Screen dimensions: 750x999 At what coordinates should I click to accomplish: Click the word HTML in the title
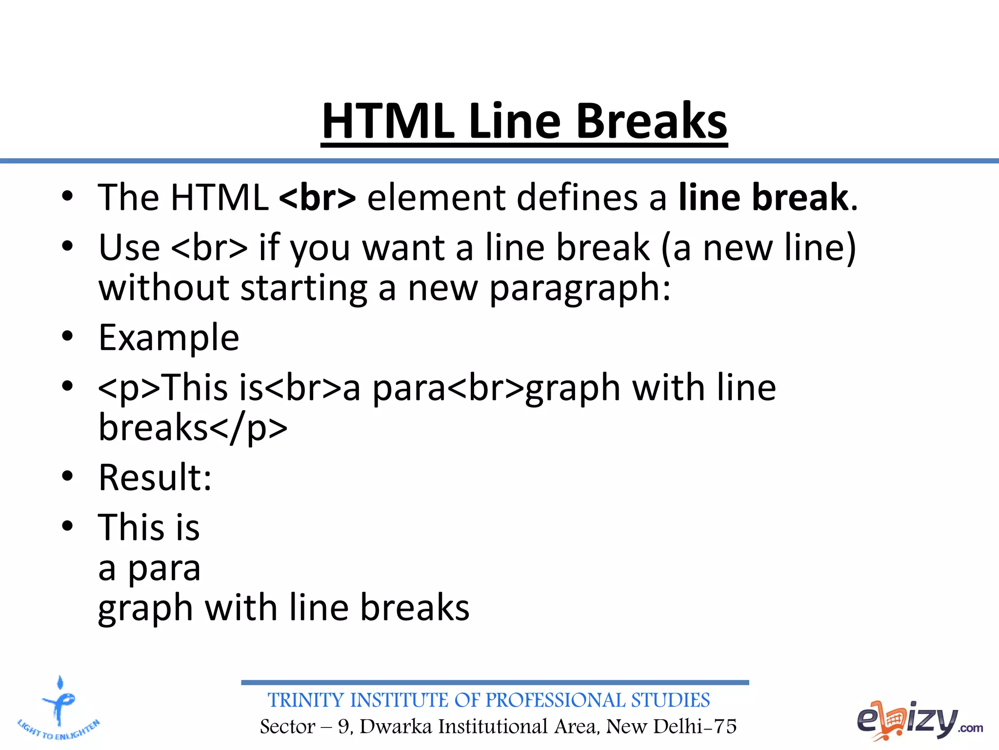(388, 121)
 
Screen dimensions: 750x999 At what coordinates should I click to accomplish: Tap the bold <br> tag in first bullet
(318, 197)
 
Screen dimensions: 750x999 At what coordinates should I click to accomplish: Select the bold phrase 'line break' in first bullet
(763, 197)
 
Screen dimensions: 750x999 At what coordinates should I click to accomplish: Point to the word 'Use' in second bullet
(129, 248)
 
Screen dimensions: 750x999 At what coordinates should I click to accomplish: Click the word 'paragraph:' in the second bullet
(580, 288)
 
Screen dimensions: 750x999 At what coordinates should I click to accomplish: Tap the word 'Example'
(169, 338)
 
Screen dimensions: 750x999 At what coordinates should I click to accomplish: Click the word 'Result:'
(155, 478)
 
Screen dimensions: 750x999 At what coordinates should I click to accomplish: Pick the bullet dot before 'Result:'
(67, 476)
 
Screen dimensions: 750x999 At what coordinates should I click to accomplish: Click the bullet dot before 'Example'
(67, 336)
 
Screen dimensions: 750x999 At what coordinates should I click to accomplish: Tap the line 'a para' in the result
(149, 568)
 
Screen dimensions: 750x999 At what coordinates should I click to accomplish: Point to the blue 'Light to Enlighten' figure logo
(59, 708)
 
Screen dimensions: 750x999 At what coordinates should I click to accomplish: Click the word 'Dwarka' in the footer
(396, 727)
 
